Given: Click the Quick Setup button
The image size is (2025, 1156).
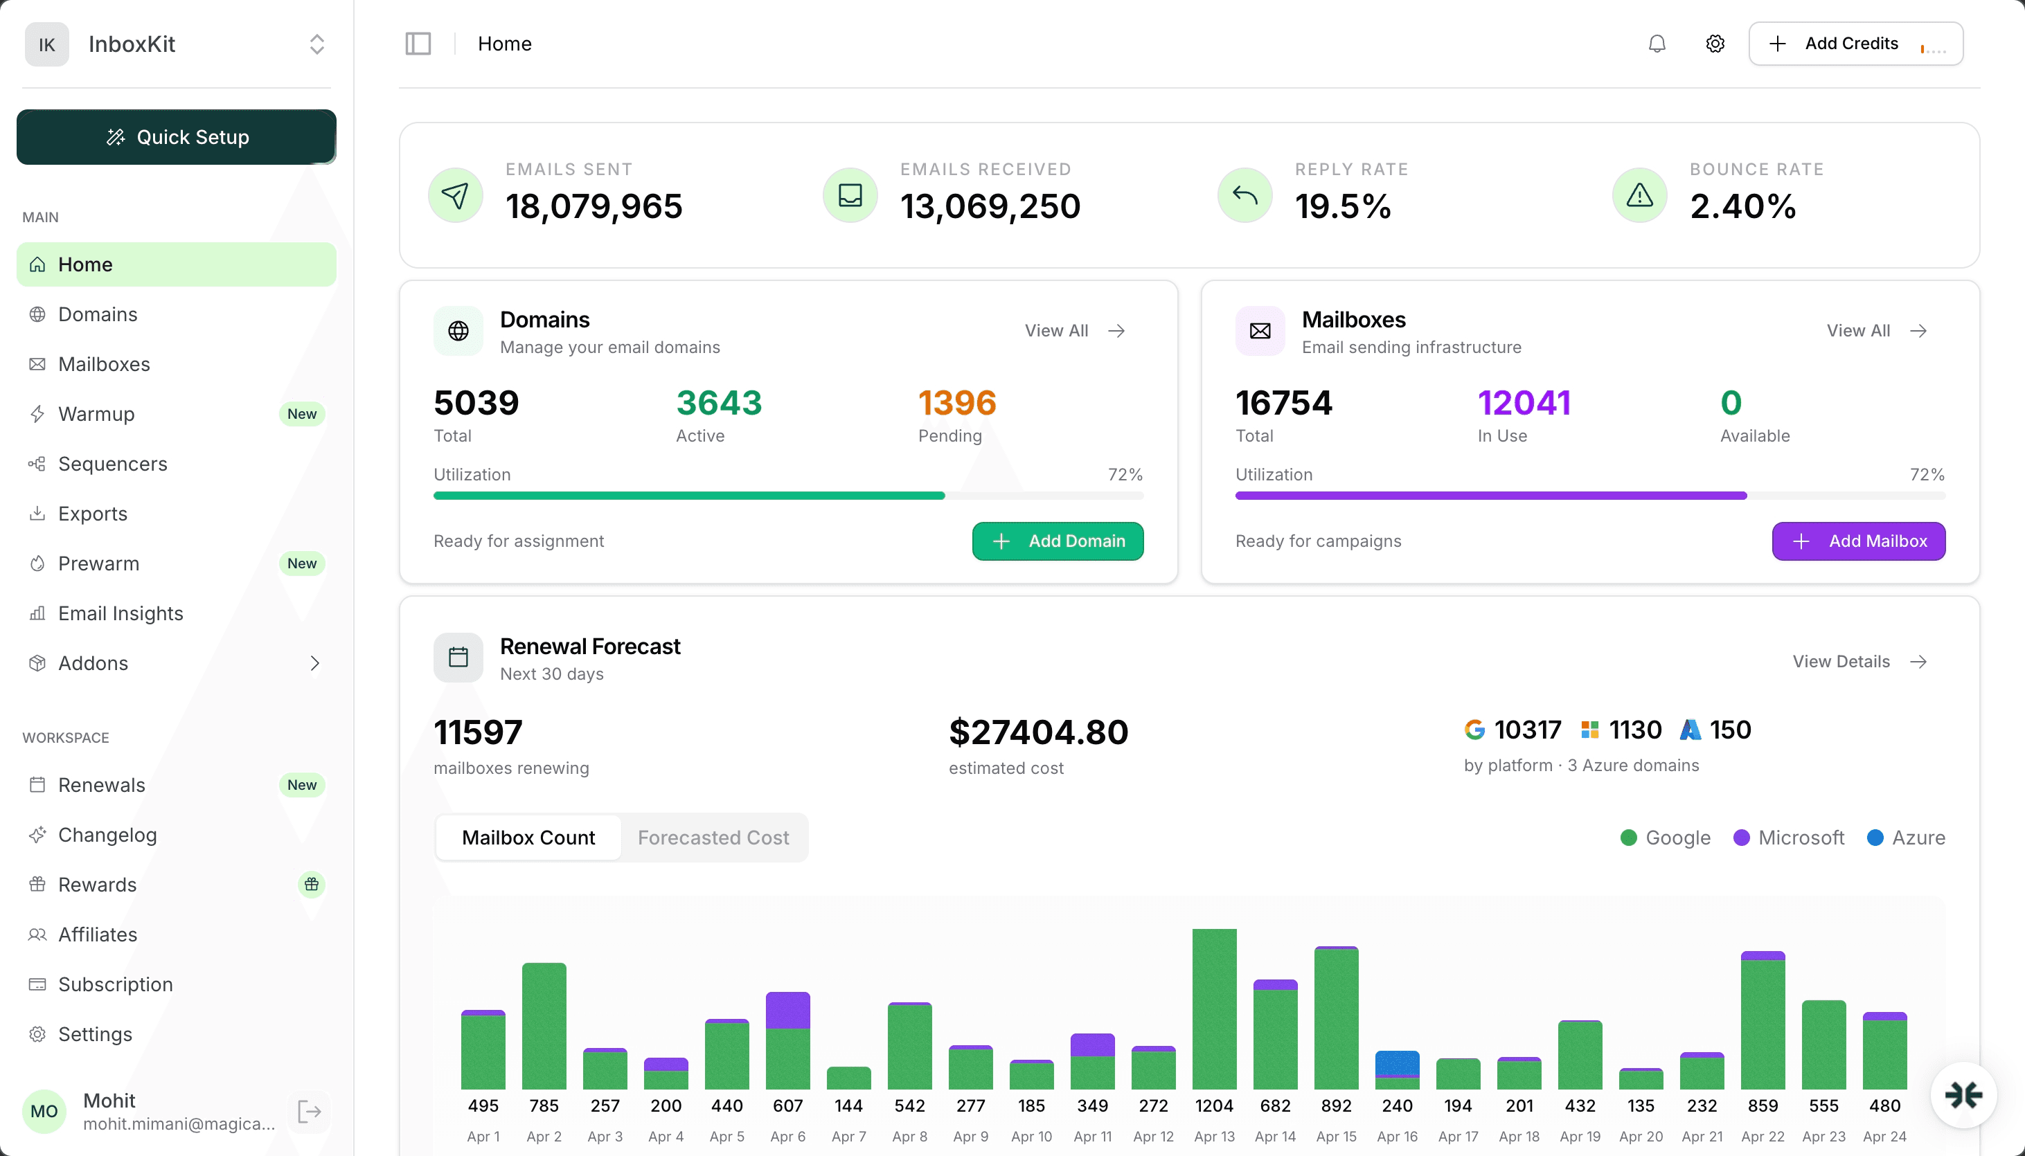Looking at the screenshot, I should coord(177,137).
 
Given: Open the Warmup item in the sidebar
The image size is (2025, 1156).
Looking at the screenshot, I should coord(96,414).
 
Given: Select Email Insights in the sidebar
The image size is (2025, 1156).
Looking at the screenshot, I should coord(120,613).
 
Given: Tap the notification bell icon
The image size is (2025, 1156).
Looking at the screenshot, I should coord(1657,44).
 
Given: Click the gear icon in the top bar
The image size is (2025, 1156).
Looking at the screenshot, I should coord(1715,44).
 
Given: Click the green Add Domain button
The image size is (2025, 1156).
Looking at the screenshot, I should coord(1057,541).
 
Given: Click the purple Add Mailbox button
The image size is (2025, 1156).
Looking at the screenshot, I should coord(1858,541).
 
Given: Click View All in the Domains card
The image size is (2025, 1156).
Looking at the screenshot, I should coord(1073,330).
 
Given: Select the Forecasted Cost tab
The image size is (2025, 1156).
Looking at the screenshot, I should coord(713,838).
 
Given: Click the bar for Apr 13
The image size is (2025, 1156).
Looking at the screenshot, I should coord(1213,1009).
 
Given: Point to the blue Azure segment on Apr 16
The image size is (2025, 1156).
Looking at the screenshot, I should coord(1397,1063).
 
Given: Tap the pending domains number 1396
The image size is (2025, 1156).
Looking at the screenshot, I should coord(956,404).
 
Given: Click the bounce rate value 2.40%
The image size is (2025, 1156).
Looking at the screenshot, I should coord(1742,206).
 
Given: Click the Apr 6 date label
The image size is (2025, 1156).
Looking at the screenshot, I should coord(787,1136).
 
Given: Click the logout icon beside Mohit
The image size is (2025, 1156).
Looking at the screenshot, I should coord(309,1112).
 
